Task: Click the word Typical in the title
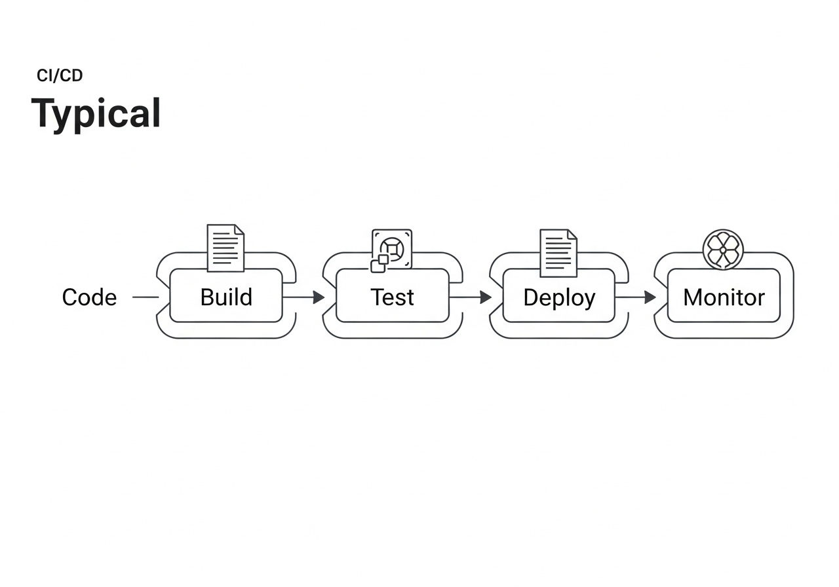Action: [96, 113]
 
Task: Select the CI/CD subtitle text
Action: [60, 76]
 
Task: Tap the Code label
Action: [89, 297]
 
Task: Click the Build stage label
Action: [226, 297]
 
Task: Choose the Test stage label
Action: [392, 297]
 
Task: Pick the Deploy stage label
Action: [559, 298]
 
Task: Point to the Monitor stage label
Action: [724, 298]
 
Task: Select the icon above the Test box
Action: [391, 250]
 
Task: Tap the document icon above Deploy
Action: [558, 252]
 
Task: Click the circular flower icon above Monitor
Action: [723, 250]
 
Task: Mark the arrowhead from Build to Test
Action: [319, 297]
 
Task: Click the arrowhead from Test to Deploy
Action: [485, 297]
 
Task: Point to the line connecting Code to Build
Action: [146, 297]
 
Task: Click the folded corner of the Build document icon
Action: [239, 229]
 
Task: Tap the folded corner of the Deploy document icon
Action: [572, 234]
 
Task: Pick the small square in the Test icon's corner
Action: [378, 266]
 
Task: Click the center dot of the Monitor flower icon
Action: [723, 250]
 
